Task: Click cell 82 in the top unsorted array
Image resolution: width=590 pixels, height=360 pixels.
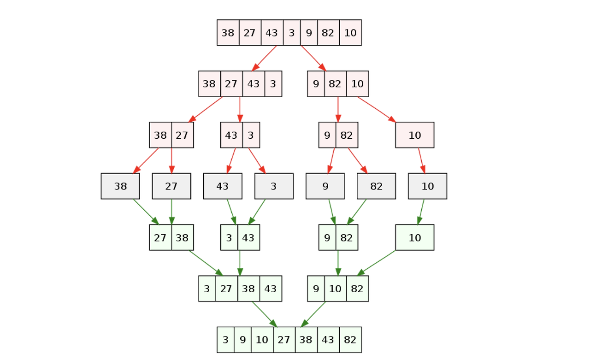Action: [x=328, y=33]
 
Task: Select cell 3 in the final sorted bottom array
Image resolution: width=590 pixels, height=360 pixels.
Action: [x=225, y=340]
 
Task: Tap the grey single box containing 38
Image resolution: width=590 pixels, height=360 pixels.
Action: [x=120, y=186]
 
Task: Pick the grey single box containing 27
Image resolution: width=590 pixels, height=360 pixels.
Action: [x=171, y=186]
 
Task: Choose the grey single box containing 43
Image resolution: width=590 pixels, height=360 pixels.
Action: [x=223, y=186]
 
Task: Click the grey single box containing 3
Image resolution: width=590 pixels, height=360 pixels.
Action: [x=274, y=186]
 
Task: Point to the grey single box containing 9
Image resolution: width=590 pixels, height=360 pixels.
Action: [x=325, y=186]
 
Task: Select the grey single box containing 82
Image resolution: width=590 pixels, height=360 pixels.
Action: [x=376, y=186]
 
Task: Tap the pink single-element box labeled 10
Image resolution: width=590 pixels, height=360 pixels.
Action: [x=415, y=135]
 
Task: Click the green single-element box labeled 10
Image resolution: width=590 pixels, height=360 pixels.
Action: [x=415, y=237]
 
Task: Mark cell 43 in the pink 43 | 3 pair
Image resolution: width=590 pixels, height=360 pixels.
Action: [x=231, y=135]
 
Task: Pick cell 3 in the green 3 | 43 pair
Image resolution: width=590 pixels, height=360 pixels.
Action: [x=229, y=237]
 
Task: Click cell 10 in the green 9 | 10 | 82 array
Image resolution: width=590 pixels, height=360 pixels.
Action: [x=335, y=289]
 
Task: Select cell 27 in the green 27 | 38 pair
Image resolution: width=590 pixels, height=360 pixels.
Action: [x=160, y=237]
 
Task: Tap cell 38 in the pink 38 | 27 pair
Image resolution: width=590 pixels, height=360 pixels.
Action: [x=160, y=135]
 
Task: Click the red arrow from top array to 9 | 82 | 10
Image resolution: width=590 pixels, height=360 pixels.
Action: [x=313, y=58]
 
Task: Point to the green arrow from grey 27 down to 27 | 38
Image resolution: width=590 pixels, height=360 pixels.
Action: [x=171, y=212]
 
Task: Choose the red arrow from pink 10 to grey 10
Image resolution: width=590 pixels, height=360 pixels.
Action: [x=421, y=160]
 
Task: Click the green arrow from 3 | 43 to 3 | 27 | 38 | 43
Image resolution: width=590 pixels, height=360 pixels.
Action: [x=240, y=263]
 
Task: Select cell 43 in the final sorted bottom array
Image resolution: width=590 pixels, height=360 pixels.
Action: [x=328, y=340]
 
